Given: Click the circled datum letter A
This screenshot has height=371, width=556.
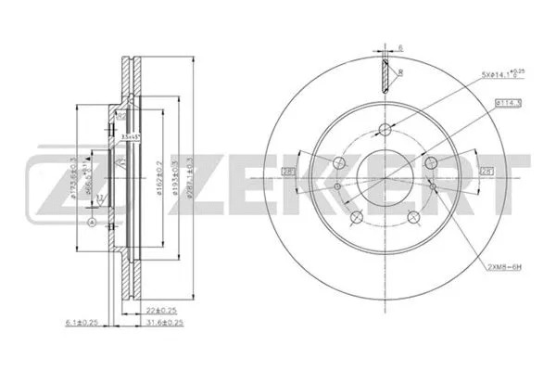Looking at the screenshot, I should point(92,224).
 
